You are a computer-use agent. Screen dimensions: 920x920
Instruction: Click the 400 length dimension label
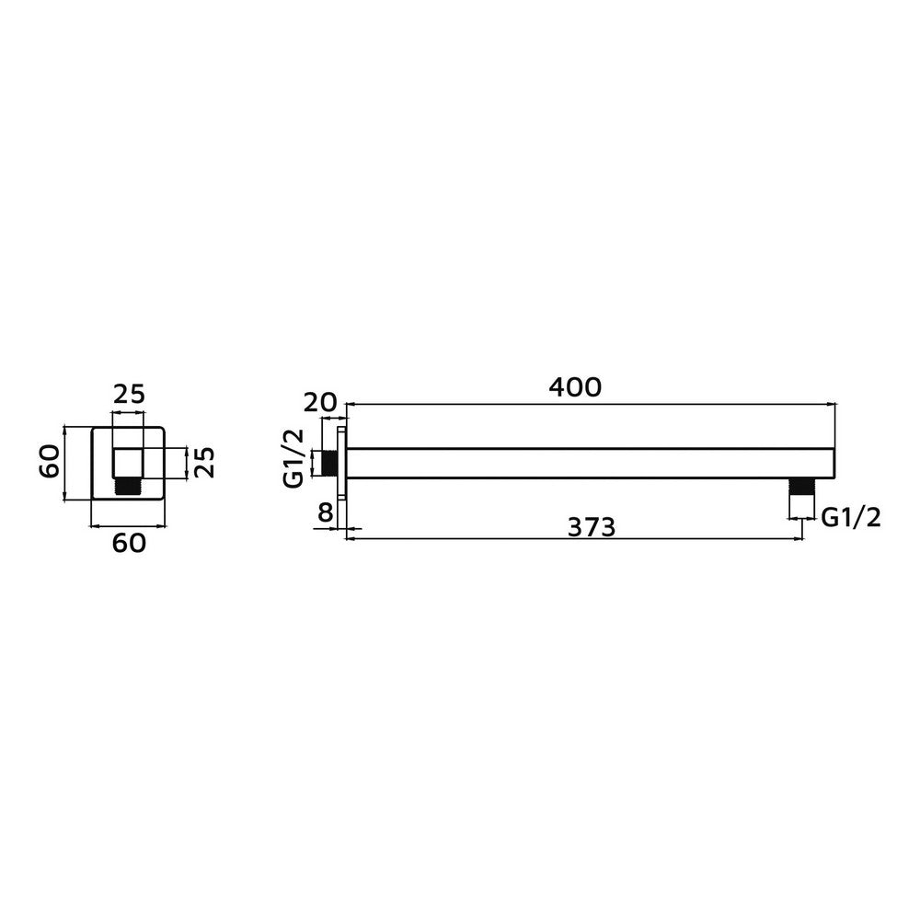(x=575, y=387)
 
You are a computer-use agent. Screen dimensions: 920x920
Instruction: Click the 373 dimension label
(x=592, y=527)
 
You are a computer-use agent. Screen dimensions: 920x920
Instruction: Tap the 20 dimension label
(x=320, y=403)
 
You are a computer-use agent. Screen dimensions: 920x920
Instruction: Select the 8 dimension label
(x=325, y=512)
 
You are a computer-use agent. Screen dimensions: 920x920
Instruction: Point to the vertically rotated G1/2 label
(x=293, y=458)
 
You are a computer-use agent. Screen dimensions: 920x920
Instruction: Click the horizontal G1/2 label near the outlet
(x=851, y=517)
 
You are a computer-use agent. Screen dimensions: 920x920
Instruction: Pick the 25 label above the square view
(x=129, y=395)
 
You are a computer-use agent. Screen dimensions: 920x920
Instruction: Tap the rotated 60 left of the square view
(x=50, y=461)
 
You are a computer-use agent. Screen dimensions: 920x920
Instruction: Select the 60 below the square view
(x=129, y=544)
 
